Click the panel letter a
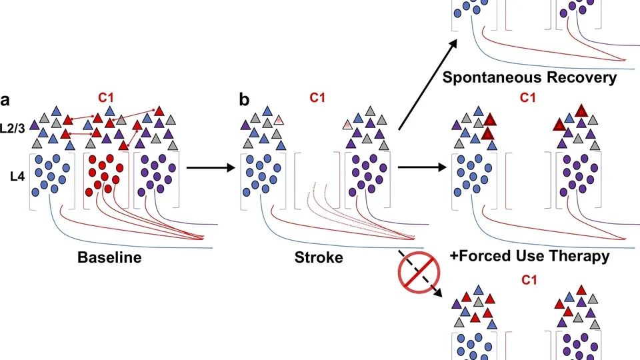(5, 101)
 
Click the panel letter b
(245, 101)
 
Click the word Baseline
(109, 257)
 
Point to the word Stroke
(319, 257)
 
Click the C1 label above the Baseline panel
(106, 98)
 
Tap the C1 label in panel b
(317, 98)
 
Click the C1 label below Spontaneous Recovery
(527, 98)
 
